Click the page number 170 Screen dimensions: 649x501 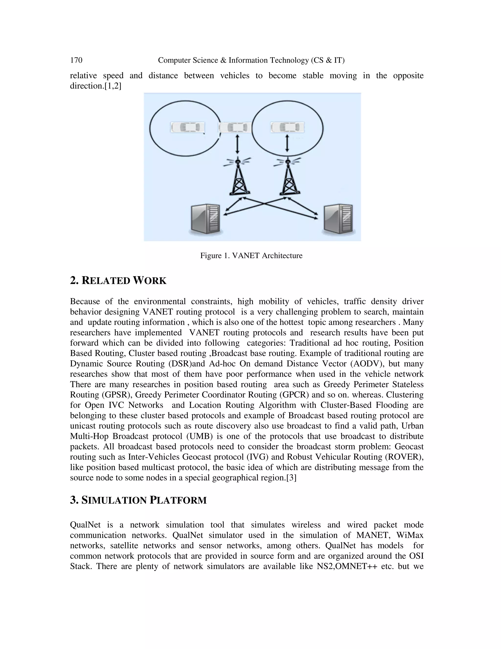[x=76, y=60]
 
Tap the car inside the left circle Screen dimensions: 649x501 [x=188, y=128]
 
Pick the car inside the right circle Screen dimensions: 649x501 [x=287, y=128]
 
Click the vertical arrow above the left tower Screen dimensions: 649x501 [x=237, y=144]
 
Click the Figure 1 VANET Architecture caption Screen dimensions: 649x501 [x=251, y=255]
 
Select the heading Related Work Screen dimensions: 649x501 [x=118, y=280]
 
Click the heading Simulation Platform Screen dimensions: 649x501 [x=138, y=500]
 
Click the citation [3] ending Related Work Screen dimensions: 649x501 [x=291, y=478]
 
